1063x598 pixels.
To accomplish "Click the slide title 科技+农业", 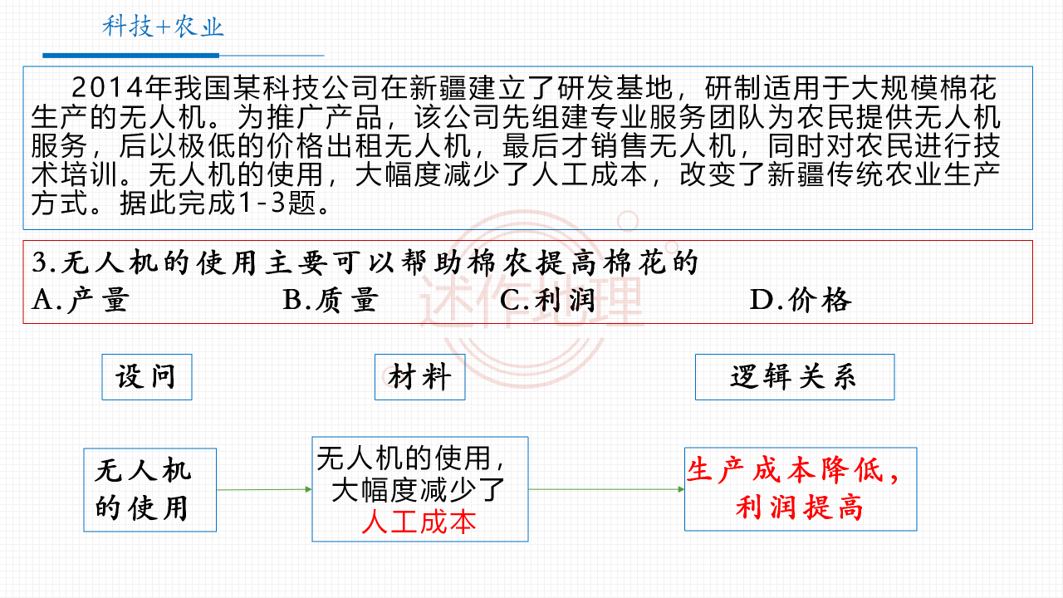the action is point(163,27).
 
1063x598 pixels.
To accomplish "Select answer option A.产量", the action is point(81,300).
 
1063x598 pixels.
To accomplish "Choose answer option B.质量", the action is point(331,300).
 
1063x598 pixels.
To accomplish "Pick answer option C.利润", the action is point(547,300).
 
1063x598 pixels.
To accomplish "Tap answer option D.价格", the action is point(801,300).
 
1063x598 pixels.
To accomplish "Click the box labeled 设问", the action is point(147,377).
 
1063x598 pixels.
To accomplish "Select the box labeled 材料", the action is point(419,377).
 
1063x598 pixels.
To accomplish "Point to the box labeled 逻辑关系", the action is point(795,377).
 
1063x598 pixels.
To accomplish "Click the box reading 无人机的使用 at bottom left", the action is point(150,490).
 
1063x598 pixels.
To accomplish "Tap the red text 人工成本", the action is point(419,522).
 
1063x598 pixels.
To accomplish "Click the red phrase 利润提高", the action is point(799,507).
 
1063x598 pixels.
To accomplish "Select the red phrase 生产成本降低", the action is point(786,470).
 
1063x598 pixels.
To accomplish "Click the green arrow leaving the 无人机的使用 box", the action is point(264,489).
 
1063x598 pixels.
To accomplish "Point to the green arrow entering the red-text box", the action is point(606,489).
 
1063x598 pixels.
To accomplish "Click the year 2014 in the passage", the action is point(108,88).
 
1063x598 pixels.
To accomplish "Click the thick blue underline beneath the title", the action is point(131,56).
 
